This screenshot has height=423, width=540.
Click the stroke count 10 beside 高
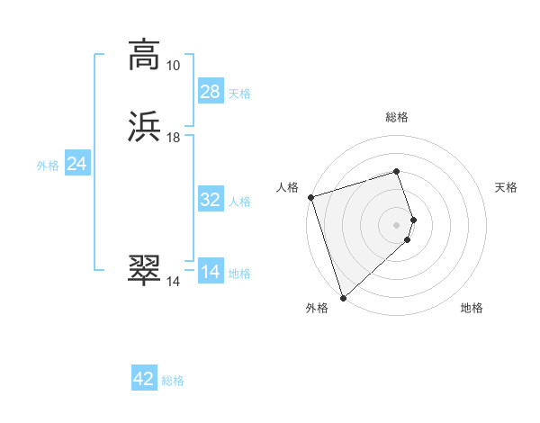pos(173,66)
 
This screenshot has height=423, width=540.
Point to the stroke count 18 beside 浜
pos(173,138)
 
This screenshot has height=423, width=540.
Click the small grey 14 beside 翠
pos(173,282)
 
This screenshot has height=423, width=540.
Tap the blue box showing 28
pos(211,92)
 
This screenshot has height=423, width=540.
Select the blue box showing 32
pos(211,200)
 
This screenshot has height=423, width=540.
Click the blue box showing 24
pos(77,164)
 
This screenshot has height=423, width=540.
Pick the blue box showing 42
pos(144,379)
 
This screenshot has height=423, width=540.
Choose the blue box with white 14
pos(211,272)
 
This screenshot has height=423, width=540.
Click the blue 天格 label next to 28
pos(239,94)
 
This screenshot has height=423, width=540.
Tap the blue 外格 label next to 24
pos(48,166)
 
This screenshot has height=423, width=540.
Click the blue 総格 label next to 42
pos(173,381)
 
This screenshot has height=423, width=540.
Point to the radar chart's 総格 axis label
pos(397,117)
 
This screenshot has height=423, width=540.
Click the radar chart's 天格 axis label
pos(506,187)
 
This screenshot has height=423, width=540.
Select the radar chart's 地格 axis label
pos(472,308)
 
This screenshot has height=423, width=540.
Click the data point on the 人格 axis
pos(310,197)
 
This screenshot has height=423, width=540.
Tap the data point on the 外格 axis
pos(343,297)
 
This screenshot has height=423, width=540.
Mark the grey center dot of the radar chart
pos(397,224)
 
